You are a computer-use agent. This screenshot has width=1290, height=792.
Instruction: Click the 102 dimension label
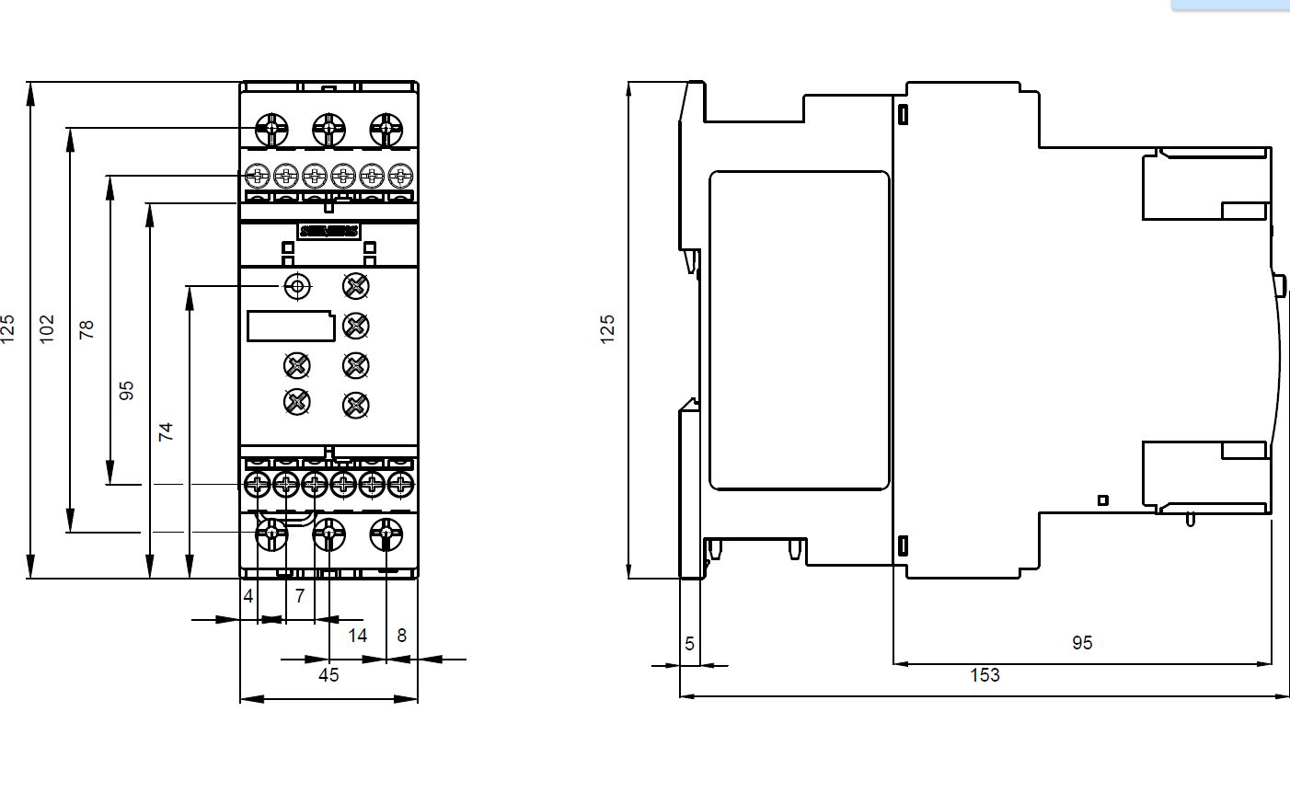click(48, 328)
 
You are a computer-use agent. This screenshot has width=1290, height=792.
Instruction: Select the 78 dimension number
click(86, 329)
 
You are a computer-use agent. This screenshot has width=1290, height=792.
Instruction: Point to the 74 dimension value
click(166, 431)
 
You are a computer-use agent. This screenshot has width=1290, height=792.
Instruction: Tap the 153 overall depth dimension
click(985, 675)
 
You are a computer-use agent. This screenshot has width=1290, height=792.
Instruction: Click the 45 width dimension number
click(328, 675)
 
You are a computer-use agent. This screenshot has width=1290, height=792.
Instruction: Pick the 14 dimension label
click(357, 635)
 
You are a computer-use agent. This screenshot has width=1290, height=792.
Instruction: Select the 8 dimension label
click(401, 635)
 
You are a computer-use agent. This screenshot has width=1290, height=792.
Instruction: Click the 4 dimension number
click(248, 596)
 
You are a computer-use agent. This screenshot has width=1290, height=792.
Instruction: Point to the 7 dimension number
click(299, 596)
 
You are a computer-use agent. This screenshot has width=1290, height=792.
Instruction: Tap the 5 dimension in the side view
click(690, 644)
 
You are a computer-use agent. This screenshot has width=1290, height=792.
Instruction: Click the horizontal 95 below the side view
click(1082, 643)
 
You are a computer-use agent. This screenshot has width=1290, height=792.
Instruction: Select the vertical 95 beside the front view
click(127, 390)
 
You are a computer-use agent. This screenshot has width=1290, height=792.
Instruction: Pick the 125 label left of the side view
click(607, 329)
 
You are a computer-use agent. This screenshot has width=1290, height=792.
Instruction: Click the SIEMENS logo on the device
click(328, 231)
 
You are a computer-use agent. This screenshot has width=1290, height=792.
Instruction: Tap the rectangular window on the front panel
click(291, 326)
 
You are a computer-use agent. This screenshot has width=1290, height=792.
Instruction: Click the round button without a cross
click(296, 287)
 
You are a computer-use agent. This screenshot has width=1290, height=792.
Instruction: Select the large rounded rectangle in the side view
click(799, 329)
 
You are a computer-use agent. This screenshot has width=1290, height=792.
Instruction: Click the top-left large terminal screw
click(272, 129)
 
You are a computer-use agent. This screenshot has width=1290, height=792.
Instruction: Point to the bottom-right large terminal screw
click(386, 533)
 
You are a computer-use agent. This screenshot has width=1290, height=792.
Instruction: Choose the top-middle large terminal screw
click(328, 129)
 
